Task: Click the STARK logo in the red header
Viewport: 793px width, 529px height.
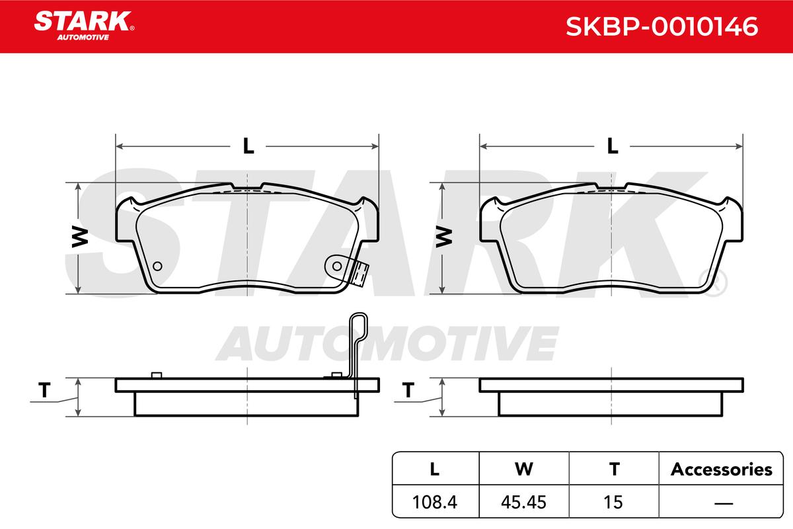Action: point(84,26)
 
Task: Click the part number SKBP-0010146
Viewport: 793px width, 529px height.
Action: point(662,26)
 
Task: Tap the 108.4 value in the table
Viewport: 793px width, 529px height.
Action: point(435,502)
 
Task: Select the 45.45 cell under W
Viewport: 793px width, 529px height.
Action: point(523,502)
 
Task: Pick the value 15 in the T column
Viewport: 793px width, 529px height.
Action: point(613,502)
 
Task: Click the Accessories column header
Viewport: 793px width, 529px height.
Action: point(722,469)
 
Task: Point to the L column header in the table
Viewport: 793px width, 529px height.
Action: point(435,469)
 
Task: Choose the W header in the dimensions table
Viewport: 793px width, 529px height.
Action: point(524,469)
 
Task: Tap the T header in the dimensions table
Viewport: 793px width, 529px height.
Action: point(614,469)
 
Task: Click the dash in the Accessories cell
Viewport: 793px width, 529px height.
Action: point(724,503)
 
